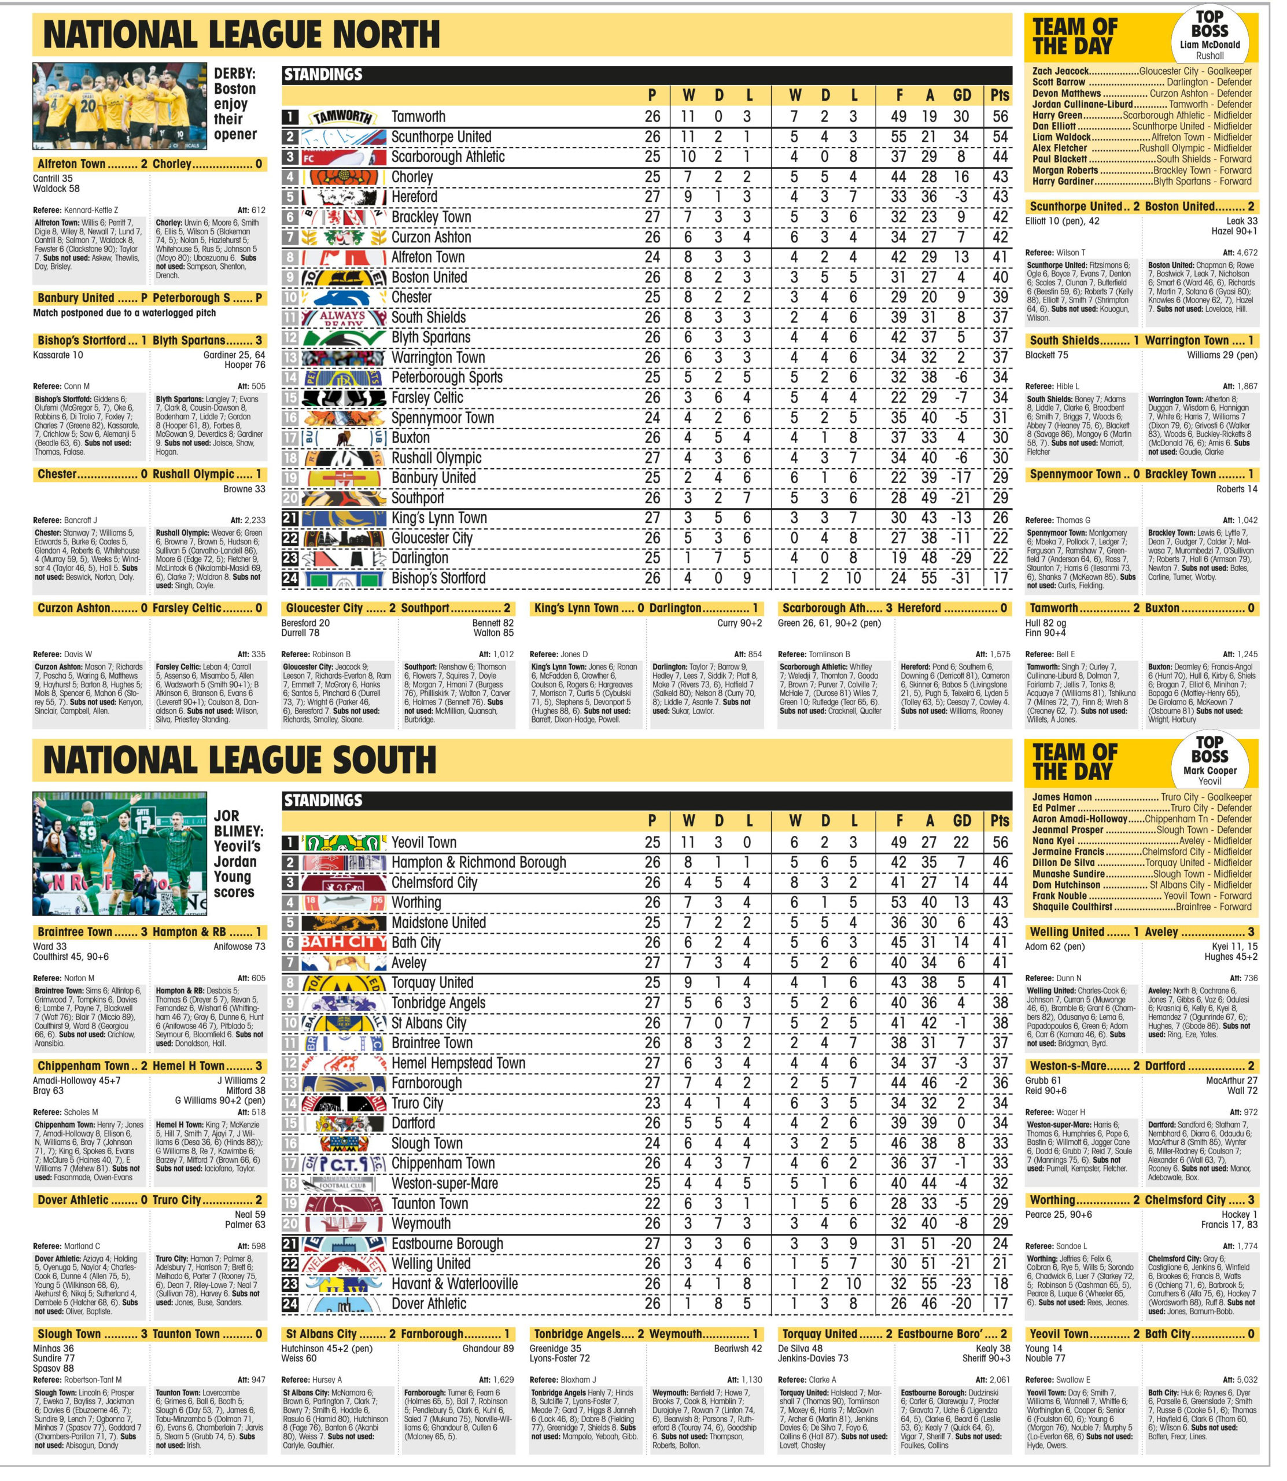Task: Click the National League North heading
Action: [x=241, y=35]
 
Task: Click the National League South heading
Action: [x=240, y=761]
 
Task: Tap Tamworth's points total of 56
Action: [x=1000, y=116]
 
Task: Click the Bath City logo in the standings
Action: [x=343, y=942]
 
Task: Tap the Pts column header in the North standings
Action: [x=1000, y=95]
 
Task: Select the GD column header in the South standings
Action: [x=962, y=821]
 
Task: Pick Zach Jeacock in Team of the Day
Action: [x=1060, y=71]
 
